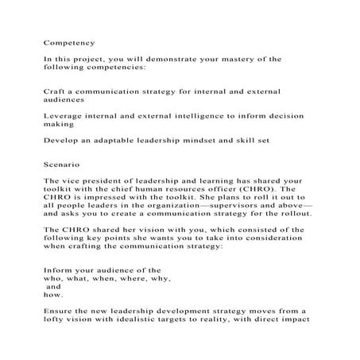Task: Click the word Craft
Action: pyautogui.click(x=55, y=91)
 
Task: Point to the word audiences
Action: pyautogui.click(x=67, y=100)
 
